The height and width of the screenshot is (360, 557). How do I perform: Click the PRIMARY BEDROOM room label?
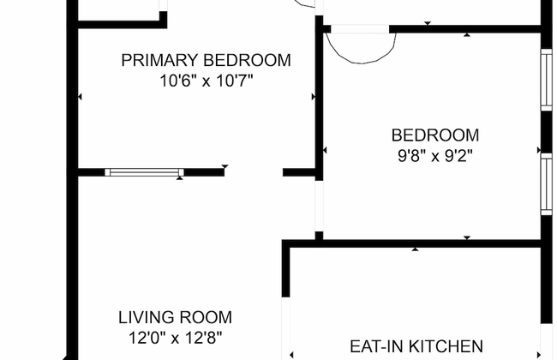point(206,60)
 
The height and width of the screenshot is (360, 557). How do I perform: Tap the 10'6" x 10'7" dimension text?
point(207,81)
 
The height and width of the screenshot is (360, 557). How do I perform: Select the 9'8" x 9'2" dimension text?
point(435,156)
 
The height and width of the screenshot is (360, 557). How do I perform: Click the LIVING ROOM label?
point(175,317)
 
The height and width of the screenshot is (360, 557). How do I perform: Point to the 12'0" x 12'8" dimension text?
point(175,338)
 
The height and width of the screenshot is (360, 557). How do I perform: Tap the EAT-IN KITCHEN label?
point(416,346)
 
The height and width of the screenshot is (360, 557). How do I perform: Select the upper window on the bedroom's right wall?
point(547,80)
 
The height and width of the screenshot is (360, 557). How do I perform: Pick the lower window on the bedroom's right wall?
point(547,184)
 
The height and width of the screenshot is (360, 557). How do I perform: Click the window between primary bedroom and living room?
point(144,172)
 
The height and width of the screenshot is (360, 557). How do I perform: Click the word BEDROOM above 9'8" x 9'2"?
point(435,135)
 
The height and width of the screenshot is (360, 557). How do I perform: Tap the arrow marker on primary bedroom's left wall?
point(80,97)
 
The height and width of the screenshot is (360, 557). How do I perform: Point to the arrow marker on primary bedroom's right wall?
point(314,97)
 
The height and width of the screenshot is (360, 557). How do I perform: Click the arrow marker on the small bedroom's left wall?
point(325,151)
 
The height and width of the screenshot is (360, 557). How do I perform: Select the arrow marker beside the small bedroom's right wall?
point(539,150)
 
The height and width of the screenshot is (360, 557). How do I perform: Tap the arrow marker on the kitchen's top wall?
point(415,249)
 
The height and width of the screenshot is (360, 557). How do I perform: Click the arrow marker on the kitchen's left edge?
point(291,355)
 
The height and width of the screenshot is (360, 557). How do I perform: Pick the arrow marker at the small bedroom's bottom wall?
point(467,237)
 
